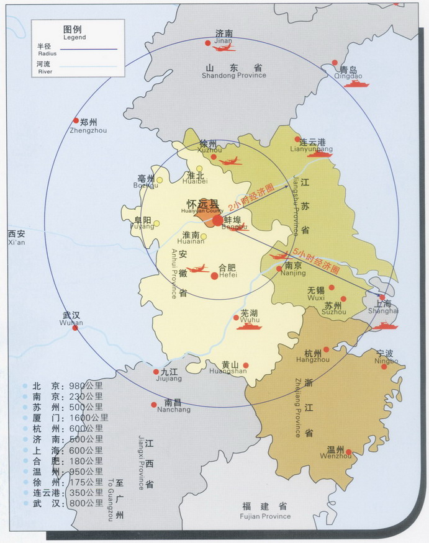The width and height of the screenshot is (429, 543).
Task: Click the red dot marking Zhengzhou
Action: (76, 120)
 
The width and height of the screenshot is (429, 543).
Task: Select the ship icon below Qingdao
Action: (356, 83)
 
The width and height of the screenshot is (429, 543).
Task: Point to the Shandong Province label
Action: (233, 71)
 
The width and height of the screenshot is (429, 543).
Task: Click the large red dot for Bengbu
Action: (217, 220)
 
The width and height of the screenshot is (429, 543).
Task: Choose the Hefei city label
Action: (227, 271)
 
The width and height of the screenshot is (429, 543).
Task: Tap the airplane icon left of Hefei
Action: (197, 269)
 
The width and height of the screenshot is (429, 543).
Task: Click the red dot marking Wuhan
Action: (75, 327)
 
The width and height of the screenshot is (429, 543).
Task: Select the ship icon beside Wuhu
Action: (249, 325)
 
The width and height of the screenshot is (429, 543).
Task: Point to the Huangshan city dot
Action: (246, 366)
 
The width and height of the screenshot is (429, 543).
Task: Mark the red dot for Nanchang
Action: (154, 404)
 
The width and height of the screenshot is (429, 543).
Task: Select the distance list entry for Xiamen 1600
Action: (68, 416)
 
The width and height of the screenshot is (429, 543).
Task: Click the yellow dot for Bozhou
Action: (160, 181)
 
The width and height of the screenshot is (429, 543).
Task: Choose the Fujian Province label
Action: (265, 511)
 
